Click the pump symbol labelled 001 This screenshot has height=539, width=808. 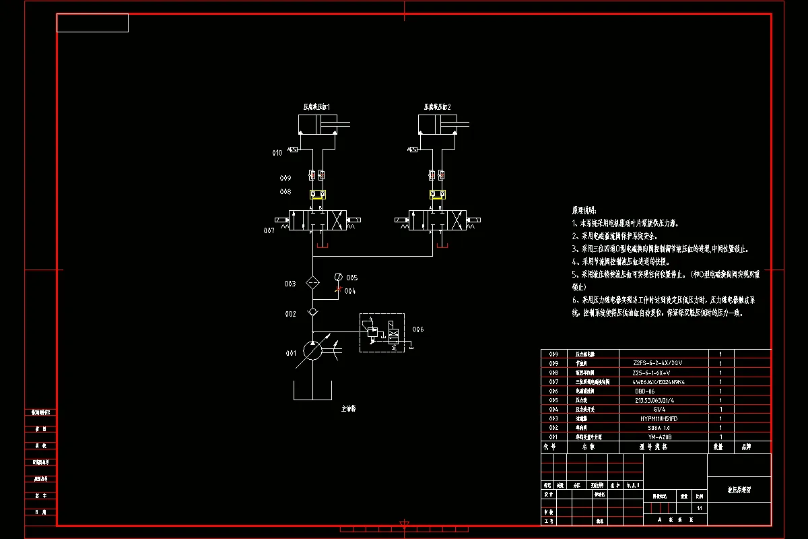point(312,350)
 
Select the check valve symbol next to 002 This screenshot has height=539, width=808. point(312,313)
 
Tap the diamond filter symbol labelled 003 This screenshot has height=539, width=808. point(312,283)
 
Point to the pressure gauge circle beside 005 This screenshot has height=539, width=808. point(338,278)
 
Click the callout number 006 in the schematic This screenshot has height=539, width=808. point(418,329)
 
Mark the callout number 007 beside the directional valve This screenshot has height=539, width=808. point(269,230)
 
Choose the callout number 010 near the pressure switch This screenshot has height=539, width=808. point(277,154)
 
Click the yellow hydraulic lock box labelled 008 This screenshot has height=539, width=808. point(316,195)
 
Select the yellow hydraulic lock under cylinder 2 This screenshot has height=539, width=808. point(436,195)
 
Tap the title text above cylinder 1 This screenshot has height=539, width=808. point(316,106)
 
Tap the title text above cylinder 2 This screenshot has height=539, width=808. point(437,106)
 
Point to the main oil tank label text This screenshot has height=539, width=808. point(348,408)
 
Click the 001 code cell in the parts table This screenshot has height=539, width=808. point(554,437)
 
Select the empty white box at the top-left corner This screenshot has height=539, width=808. point(92,23)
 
